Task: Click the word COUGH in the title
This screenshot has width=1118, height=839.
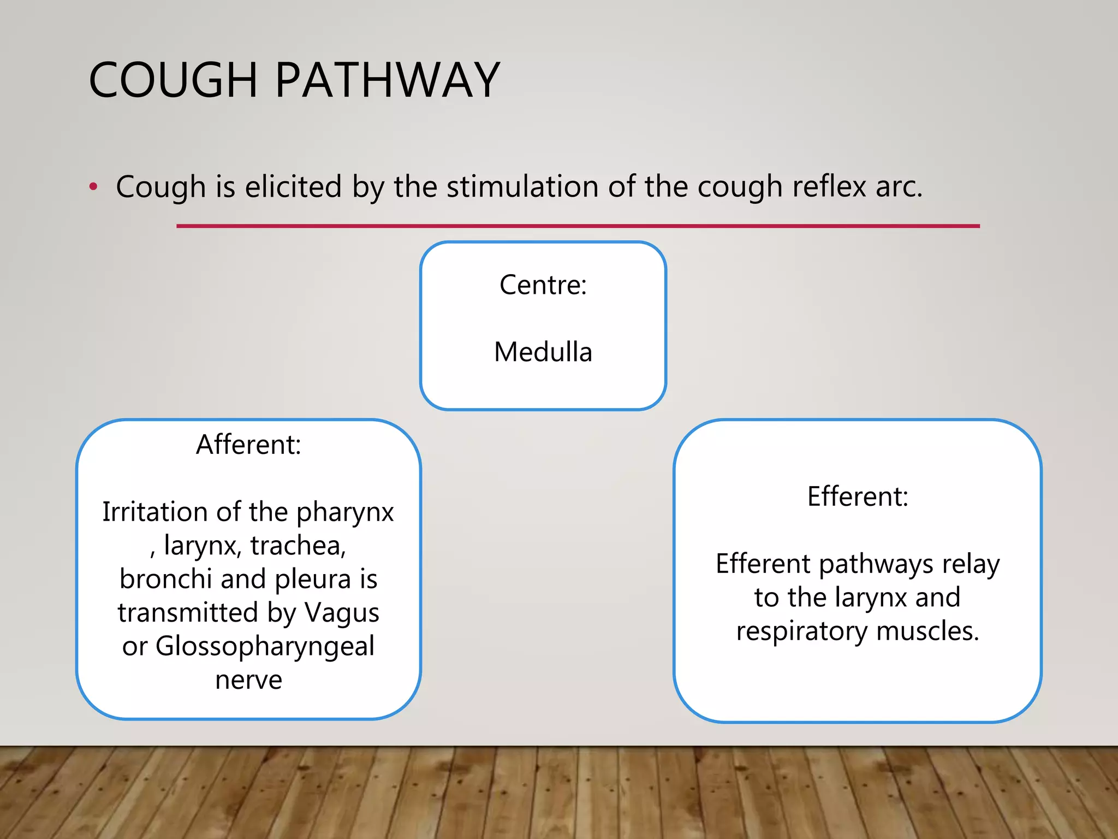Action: tap(173, 80)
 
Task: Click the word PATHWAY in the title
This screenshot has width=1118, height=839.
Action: tap(387, 80)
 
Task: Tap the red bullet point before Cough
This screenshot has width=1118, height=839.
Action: tap(93, 187)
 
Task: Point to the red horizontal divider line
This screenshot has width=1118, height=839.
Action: tap(578, 226)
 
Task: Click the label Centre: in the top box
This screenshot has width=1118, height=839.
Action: tap(543, 285)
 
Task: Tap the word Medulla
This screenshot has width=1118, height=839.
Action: tap(543, 352)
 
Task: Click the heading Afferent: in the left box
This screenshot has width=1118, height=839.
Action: tap(248, 445)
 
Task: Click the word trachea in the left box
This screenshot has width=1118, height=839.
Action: tap(298, 546)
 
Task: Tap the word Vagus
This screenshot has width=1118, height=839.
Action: tap(342, 613)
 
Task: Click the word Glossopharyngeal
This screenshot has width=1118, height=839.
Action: tap(265, 646)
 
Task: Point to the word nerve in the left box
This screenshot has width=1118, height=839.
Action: tap(248, 680)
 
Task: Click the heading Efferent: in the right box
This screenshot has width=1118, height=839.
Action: tap(858, 497)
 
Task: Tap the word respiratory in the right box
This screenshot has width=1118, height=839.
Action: tap(801, 631)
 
